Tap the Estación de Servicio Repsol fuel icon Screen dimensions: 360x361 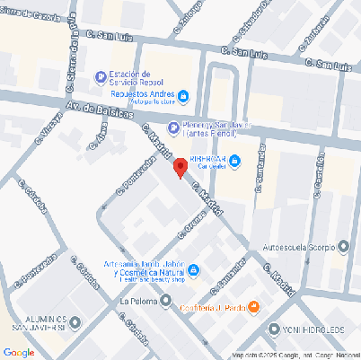(99, 76)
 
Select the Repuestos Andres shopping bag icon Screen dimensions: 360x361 (183, 95)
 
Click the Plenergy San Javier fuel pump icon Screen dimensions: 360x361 (173, 127)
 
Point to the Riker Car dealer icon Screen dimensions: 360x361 (235, 162)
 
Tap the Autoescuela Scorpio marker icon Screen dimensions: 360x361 (342, 245)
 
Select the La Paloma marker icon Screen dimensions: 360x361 (166, 301)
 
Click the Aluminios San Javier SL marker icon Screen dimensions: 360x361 (75, 322)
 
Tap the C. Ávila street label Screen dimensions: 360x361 (100, 137)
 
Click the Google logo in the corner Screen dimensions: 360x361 (19, 352)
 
